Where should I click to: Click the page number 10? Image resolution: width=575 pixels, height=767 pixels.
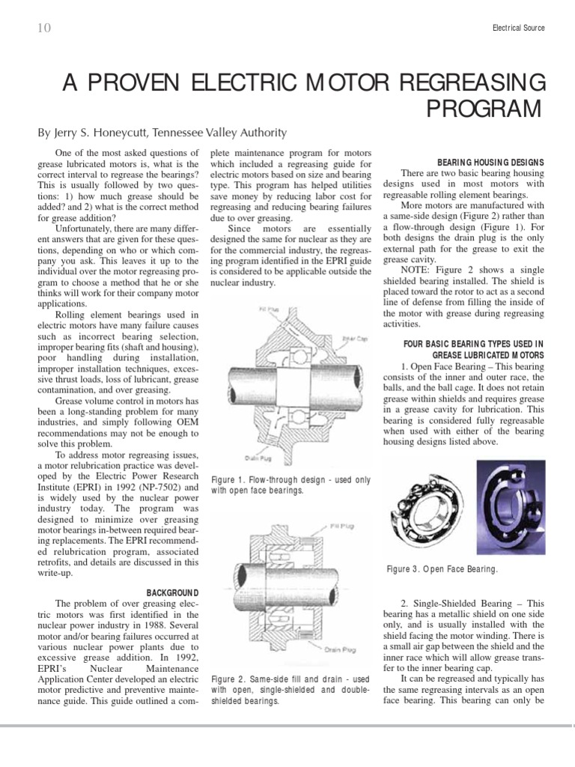click(43, 28)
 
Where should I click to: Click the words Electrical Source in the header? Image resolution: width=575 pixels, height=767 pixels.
click(518, 28)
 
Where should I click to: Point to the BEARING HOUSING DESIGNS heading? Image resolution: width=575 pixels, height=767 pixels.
click(490, 162)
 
